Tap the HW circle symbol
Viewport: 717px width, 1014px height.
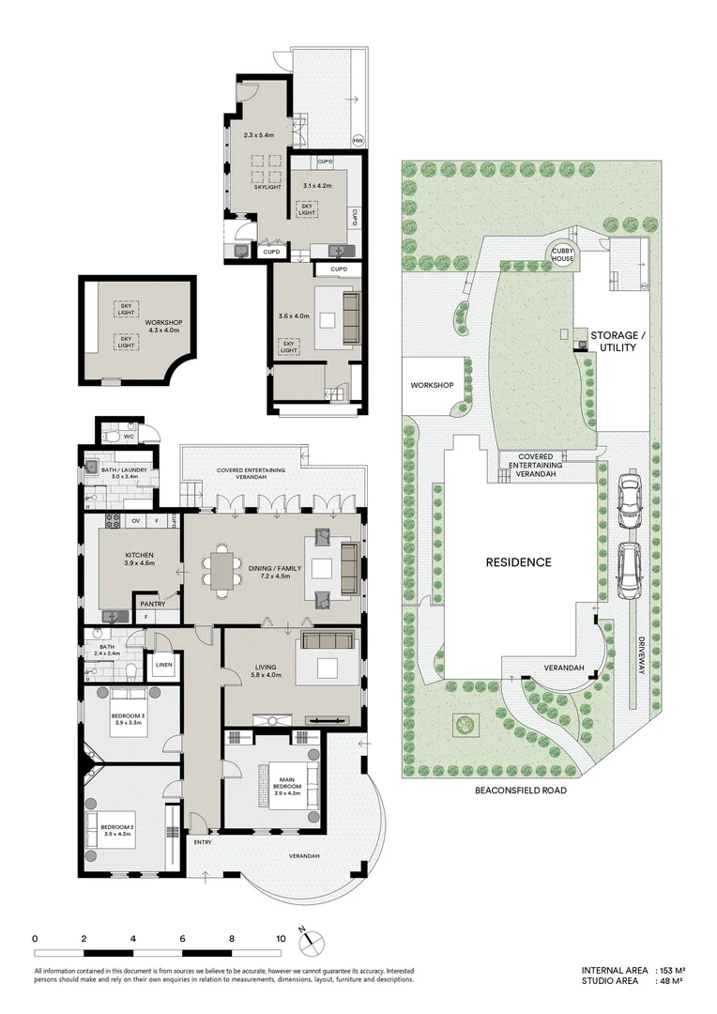pos(358,142)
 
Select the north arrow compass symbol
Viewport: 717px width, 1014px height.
pos(310,940)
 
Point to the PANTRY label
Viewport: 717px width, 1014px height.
pos(153,604)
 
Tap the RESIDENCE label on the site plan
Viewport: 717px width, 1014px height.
pos(518,563)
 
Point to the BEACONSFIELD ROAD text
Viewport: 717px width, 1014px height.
pos(521,791)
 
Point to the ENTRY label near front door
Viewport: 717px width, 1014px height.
pos(203,842)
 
